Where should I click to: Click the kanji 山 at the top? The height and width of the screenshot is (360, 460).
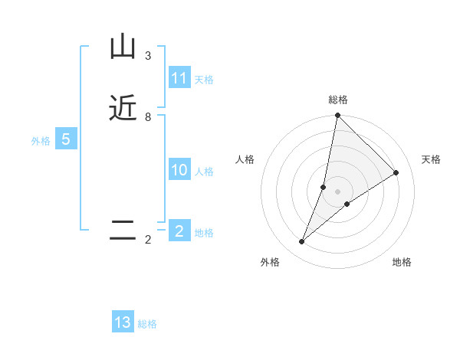coord(123,47)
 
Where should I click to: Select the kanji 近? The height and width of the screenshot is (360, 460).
coord(123,108)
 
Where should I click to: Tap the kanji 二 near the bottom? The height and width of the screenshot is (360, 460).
coord(123,231)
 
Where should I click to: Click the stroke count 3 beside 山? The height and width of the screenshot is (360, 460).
coord(148,56)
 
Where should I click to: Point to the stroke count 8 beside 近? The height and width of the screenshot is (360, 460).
coord(148,117)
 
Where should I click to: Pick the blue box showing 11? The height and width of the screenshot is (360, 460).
coord(179,78)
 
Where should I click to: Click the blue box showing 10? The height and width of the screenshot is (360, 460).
coord(179,170)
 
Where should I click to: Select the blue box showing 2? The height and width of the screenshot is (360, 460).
coord(179,231)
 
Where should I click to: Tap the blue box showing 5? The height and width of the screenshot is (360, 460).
coord(66,139)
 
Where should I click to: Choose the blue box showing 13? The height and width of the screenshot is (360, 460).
coord(123,322)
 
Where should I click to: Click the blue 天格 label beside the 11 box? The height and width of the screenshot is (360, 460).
coord(204,80)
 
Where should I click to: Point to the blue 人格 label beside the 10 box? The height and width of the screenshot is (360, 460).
coord(204,172)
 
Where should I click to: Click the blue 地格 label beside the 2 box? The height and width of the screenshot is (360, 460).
coord(204,233)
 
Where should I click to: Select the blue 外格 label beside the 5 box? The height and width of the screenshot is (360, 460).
coord(41,141)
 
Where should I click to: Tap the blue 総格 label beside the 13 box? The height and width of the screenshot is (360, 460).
coord(147,324)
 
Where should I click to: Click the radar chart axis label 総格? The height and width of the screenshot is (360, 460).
coord(338,100)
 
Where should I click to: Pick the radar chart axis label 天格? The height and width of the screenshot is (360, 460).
coord(431,159)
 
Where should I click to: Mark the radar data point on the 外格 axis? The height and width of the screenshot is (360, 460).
coord(302,242)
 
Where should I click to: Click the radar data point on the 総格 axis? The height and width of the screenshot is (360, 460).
coord(337,115)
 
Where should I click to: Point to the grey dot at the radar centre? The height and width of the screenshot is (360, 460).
coord(337,191)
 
